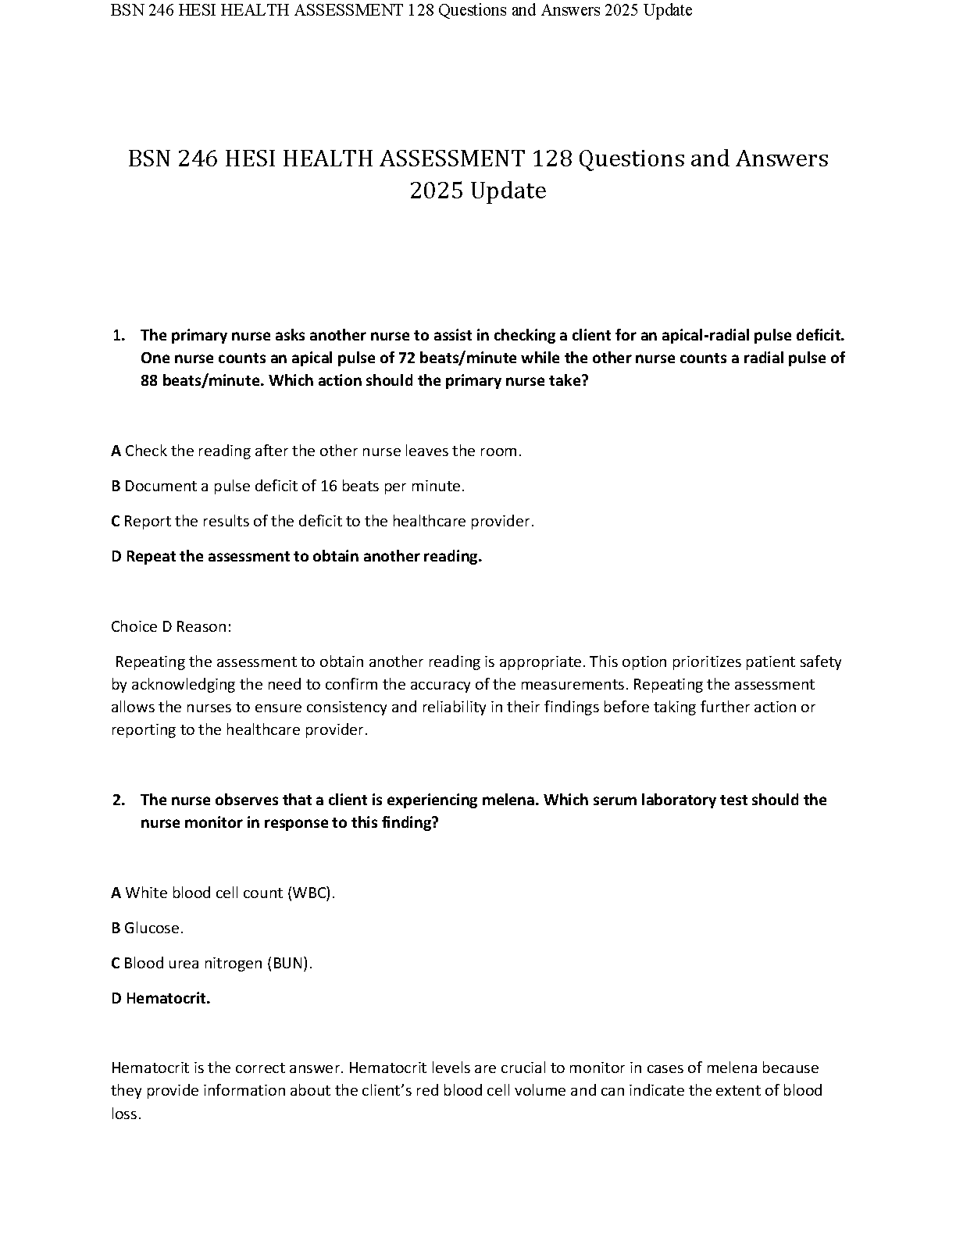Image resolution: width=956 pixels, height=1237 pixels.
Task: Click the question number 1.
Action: (118, 336)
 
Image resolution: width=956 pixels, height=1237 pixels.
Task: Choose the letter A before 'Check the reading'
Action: (116, 451)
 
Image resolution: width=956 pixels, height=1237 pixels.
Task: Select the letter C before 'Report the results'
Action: (116, 522)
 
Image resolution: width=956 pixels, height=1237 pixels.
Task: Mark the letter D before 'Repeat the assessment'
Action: (116, 557)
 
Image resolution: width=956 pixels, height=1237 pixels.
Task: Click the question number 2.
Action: (118, 800)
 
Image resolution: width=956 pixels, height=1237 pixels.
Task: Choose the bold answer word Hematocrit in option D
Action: (168, 999)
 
